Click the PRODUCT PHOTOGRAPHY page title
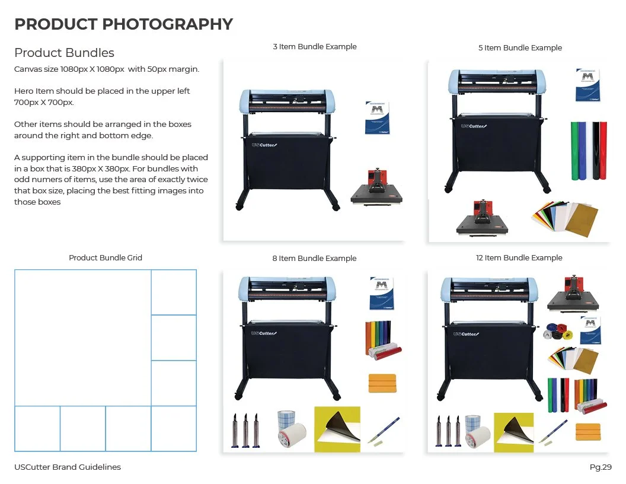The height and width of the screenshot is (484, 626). point(123,24)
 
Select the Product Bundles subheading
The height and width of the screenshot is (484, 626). point(64,53)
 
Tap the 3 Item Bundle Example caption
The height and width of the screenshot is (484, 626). point(314,47)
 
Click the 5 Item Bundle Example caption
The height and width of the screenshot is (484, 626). point(520,48)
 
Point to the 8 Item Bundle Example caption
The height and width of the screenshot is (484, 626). point(314,259)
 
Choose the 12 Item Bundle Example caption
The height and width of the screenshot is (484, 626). point(519,258)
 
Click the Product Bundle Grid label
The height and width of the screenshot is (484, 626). point(106,258)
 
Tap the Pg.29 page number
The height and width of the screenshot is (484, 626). point(601,467)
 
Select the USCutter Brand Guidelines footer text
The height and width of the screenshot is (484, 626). point(68,467)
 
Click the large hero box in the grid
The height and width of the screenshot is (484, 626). point(82,338)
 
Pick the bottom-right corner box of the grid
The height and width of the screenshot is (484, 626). point(174,428)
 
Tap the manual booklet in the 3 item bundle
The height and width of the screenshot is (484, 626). point(377,118)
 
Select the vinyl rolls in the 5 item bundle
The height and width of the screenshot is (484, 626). point(588,151)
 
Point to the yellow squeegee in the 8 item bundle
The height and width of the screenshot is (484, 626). point(382,383)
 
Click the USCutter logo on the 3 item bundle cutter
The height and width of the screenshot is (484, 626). point(264,145)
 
